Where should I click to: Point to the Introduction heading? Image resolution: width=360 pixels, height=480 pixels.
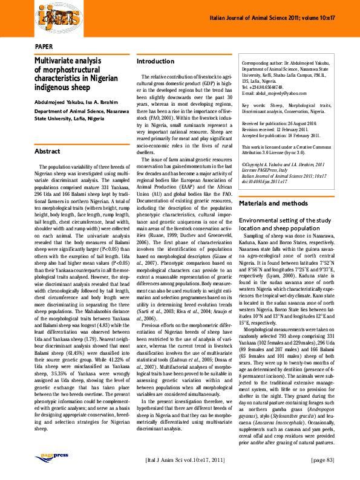click(x=155, y=62)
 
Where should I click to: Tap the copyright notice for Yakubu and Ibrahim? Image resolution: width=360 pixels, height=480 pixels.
click(x=283, y=164)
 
